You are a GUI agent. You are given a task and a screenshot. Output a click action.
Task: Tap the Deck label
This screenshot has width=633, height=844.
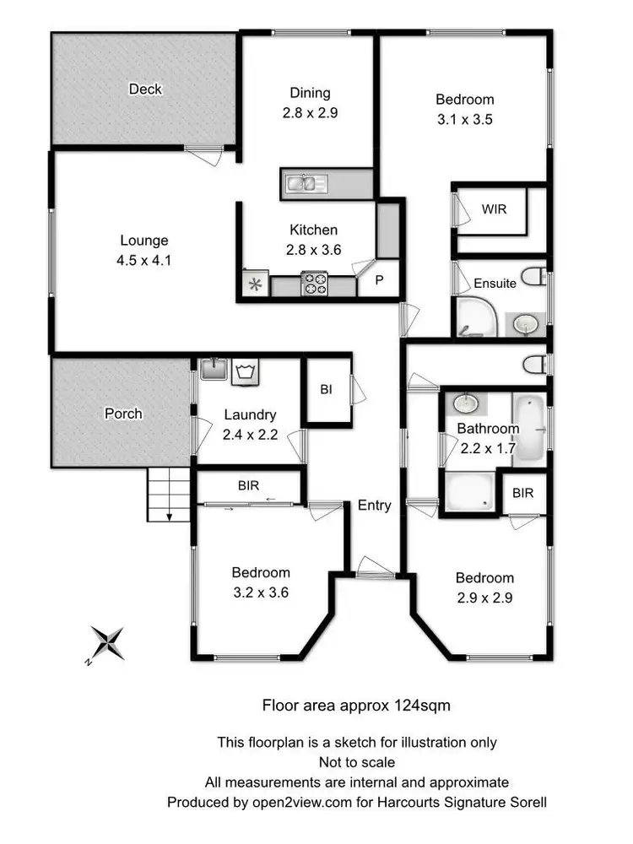pos(145,89)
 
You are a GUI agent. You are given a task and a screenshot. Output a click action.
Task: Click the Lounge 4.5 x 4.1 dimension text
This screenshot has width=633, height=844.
pos(144,260)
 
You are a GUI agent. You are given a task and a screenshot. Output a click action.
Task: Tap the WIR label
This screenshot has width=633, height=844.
pos(494,208)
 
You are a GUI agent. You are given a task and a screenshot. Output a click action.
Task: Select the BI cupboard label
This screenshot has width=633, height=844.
pos(326,389)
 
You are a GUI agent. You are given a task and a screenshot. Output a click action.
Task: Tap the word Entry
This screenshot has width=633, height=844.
pos(374,506)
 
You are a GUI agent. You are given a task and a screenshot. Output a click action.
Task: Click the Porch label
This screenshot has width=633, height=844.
pos(123,414)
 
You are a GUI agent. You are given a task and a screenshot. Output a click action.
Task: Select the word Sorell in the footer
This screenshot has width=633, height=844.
pos(527,801)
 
